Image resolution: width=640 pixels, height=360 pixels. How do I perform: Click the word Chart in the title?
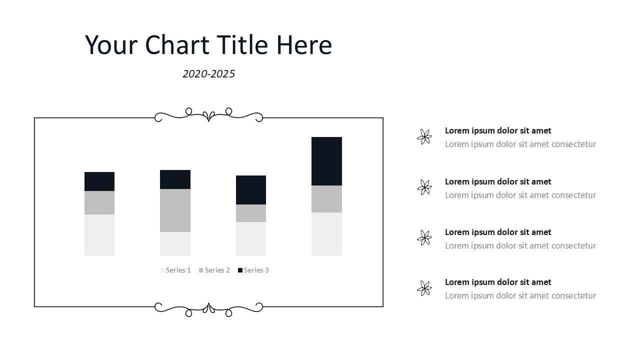[x=177, y=45]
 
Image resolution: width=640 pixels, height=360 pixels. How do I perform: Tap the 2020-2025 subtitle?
[x=208, y=74]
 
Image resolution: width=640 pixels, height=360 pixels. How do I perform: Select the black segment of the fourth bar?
[x=326, y=161]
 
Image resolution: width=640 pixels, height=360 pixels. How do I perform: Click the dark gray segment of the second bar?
[x=175, y=210]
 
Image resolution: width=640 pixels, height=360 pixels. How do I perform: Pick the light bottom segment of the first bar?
[x=99, y=235]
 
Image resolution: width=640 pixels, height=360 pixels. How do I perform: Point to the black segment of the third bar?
[x=251, y=190]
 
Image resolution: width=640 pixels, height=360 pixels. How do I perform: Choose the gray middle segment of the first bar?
[x=99, y=203]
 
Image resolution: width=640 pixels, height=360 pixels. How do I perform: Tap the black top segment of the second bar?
[x=175, y=179]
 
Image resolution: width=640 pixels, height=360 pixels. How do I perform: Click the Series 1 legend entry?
[x=175, y=270]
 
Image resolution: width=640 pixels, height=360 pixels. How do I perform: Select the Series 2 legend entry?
[x=214, y=270]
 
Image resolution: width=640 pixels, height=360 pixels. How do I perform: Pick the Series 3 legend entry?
[x=253, y=270]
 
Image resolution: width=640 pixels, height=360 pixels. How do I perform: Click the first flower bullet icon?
[x=424, y=137]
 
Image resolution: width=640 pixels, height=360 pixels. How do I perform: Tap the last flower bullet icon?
[x=424, y=288]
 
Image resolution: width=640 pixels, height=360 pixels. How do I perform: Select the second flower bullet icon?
[x=424, y=187]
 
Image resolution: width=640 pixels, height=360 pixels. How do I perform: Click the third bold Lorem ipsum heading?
[x=498, y=232]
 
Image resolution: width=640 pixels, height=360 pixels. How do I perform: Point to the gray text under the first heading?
[x=520, y=144]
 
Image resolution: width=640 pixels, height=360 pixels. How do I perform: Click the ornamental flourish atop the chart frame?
[x=208, y=115]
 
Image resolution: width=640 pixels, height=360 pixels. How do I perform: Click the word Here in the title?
[x=304, y=45]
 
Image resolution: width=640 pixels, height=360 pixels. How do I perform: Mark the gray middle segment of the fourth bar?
[x=326, y=199]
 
